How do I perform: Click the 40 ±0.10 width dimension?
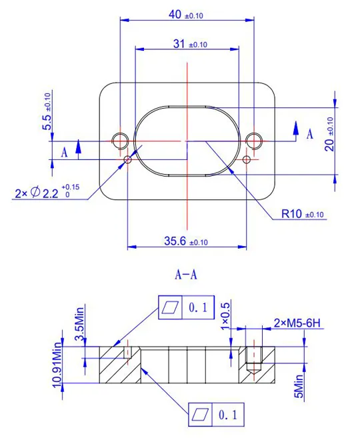click(x=186, y=14)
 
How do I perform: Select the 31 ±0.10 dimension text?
click(x=190, y=44)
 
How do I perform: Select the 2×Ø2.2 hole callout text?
click(x=47, y=193)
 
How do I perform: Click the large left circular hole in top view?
click(x=120, y=141)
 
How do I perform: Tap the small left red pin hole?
click(x=128, y=159)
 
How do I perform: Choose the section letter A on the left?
click(x=65, y=152)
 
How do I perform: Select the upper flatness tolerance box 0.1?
click(x=185, y=307)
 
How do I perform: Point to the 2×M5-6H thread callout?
click(x=297, y=323)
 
